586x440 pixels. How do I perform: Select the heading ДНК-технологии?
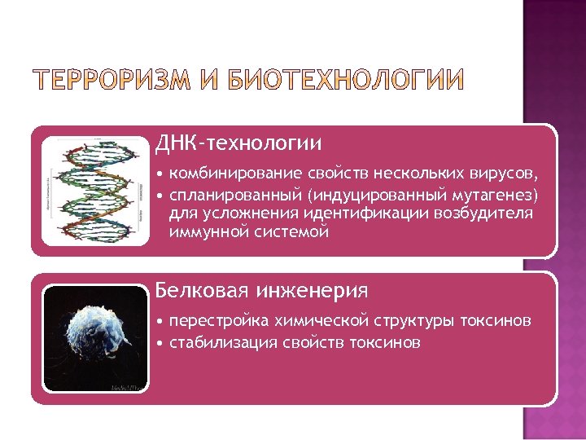tap(239, 143)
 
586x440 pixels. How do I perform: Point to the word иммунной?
tap(202, 232)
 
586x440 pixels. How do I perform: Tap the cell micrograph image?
tap(94, 338)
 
